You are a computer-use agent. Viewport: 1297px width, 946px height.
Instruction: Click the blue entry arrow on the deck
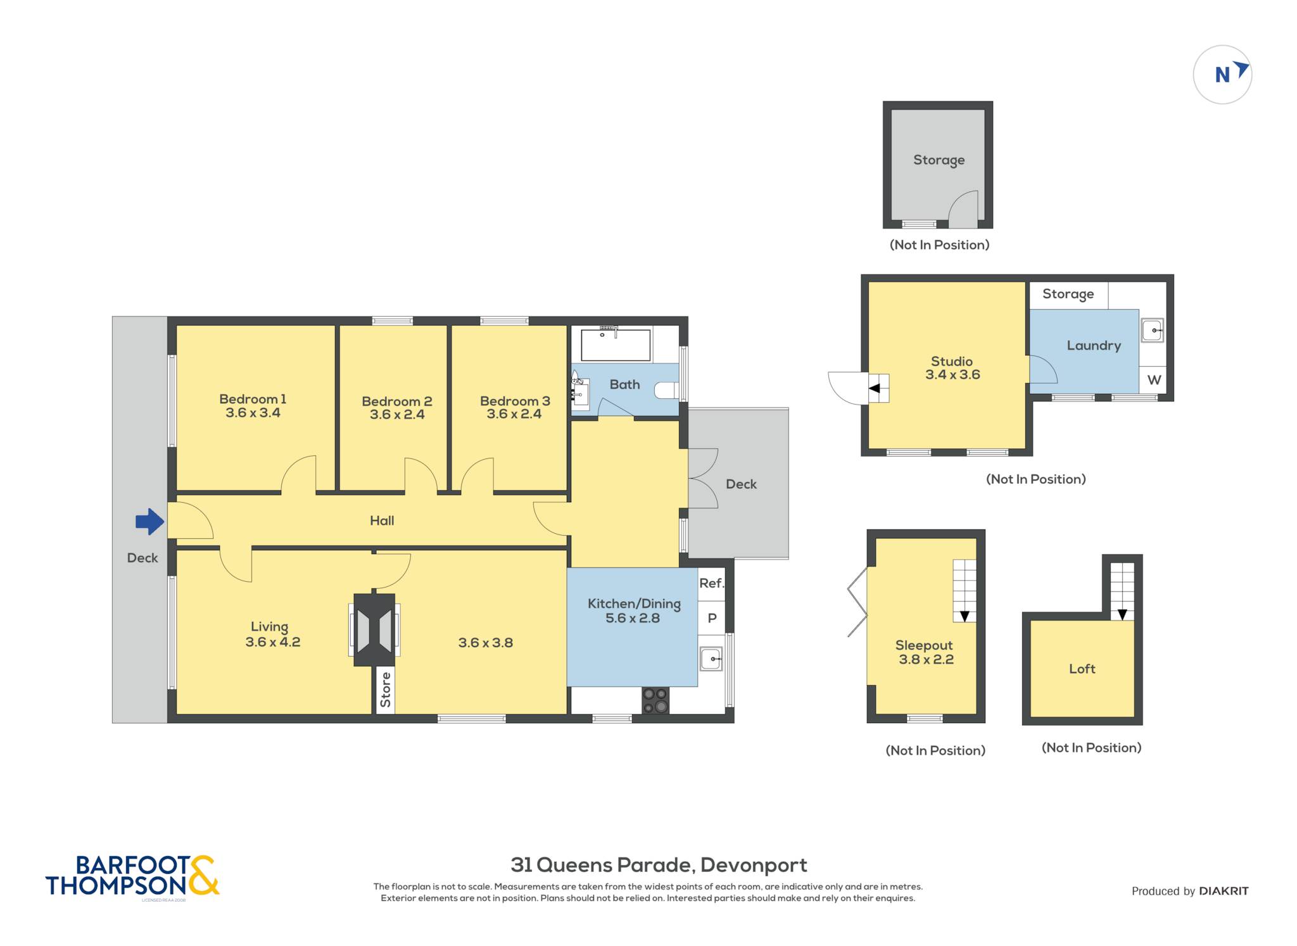[x=149, y=522]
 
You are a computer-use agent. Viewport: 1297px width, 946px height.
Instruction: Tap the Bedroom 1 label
[x=253, y=399]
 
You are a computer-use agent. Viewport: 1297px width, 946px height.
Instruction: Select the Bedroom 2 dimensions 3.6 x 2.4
[x=397, y=415]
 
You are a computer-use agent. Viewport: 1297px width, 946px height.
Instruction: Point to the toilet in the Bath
[x=666, y=390]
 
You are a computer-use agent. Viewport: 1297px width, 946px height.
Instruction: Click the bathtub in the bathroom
[x=616, y=344]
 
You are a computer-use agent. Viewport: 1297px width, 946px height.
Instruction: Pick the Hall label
[x=382, y=520]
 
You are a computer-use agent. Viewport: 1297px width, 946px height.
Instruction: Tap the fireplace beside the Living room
[x=374, y=629]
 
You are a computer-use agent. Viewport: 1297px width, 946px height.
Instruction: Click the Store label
[x=386, y=690]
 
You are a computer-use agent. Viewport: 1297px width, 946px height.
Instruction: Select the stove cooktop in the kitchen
[x=655, y=700]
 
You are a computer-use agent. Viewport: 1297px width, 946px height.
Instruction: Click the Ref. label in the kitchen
[x=711, y=583]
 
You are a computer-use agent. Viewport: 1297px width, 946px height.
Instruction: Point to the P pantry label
[x=712, y=618]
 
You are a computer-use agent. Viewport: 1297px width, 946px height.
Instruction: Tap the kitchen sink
[x=711, y=659]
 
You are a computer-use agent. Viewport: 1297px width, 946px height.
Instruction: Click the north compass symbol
[x=1222, y=75]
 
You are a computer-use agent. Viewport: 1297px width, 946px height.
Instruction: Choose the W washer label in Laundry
[x=1154, y=380]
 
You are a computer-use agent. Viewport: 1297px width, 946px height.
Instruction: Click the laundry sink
[x=1152, y=330]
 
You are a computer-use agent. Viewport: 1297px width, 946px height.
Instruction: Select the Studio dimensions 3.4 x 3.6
[x=952, y=375]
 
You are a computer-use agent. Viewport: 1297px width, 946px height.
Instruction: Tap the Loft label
[x=1082, y=669]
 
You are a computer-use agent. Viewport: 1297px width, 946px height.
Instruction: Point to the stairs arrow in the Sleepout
[x=965, y=615]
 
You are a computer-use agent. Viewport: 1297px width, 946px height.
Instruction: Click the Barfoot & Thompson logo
[x=132, y=876]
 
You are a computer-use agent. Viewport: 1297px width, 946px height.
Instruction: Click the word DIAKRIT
[x=1224, y=892]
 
